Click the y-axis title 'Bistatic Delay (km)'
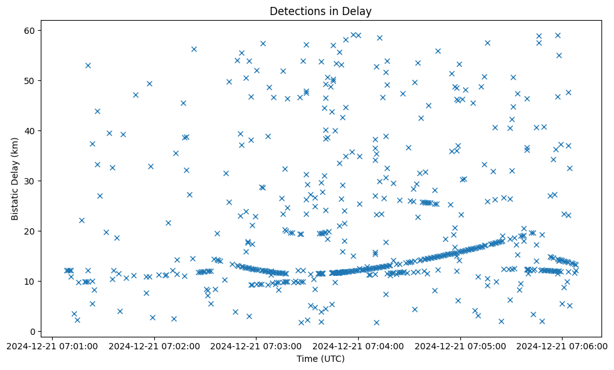click(x=15, y=179)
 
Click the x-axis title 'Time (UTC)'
click(x=320, y=359)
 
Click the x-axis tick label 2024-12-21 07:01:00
click(x=53, y=346)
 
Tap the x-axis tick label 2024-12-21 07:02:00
click(x=155, y=346)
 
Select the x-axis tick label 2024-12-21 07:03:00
click(x=257, y=346)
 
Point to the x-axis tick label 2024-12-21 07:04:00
click(x=359, y=346)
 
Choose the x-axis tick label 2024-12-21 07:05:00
click(x=461, y=346)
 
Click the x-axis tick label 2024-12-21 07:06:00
click(x=563, y=346)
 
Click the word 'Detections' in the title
click(x=293, y=11)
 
